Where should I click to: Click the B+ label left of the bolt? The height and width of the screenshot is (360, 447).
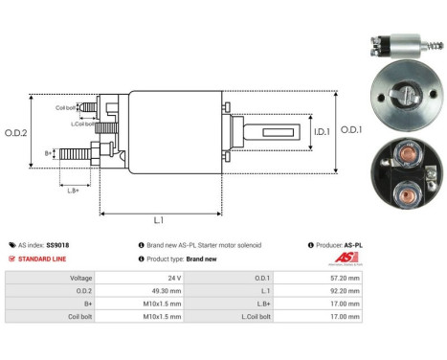49,152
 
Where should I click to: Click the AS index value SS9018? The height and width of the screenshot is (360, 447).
58,245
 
